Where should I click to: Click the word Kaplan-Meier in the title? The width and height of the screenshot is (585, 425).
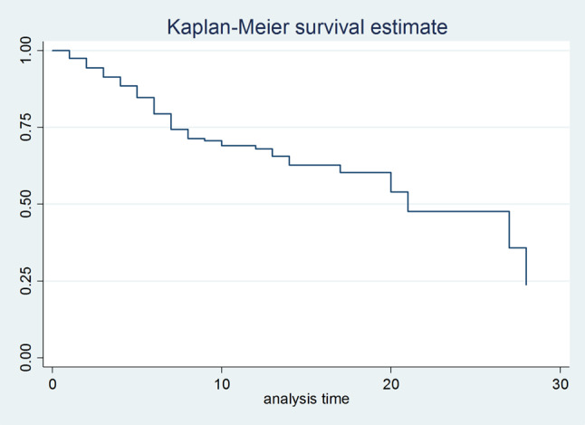point(227,27)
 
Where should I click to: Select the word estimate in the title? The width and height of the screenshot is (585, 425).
point(408,27)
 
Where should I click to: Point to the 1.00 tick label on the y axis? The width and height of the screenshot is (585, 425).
point(25,50)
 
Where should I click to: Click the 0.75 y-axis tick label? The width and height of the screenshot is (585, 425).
point(25,127)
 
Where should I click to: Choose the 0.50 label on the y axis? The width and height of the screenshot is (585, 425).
point(25,204)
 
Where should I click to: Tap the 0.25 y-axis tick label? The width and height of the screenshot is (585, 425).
point(25,281)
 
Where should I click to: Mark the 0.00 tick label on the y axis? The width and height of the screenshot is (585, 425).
point(25,358)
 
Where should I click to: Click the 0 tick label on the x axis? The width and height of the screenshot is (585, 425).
point(53,383)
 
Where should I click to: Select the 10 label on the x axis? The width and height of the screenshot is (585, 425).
point(222,383)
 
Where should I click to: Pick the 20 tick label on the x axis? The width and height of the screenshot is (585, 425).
point(391,383)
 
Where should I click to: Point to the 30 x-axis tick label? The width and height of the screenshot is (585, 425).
point(560,383)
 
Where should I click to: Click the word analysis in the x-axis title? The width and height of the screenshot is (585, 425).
point(287,400)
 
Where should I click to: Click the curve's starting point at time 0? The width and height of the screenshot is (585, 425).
point(53,50)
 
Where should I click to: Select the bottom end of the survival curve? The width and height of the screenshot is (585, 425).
point(526,285)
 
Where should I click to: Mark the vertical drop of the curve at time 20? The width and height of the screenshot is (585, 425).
point(391,182)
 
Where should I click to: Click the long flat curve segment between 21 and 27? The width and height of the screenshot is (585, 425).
point(458,211)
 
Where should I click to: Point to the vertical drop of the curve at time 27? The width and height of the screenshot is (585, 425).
point(509,229)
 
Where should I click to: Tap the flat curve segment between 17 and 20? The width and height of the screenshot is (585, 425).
point(366,172)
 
